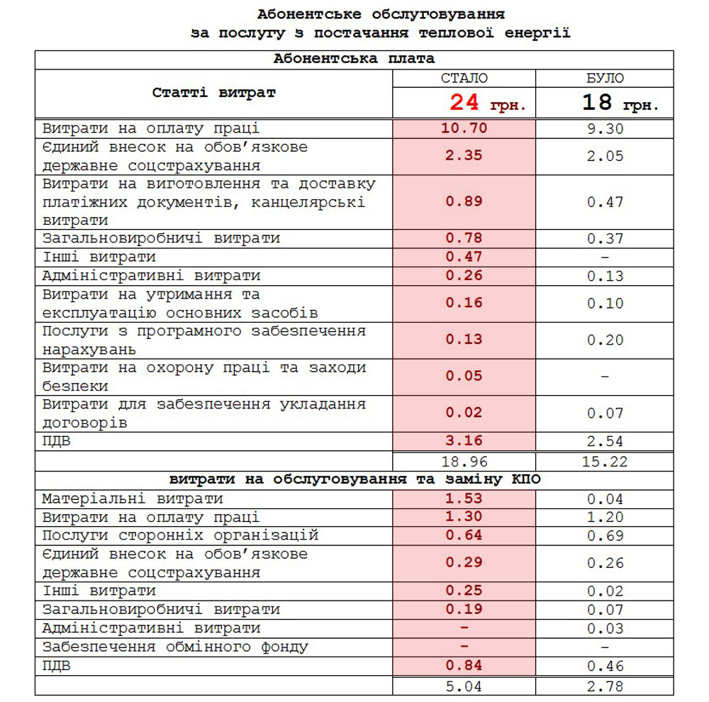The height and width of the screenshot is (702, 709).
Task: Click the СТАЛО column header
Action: (x=464, y=79)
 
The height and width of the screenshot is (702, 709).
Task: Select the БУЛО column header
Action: (x=605, y=79)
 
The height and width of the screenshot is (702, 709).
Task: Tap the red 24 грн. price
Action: (x=487, y=104)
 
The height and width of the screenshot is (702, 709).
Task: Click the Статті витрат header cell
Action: (x=213, y=93)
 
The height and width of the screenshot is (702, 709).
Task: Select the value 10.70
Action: (x=464, y=128)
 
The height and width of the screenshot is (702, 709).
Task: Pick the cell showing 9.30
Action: (x=605, y=129)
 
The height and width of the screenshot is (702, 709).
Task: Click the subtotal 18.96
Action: (x=464, y=461)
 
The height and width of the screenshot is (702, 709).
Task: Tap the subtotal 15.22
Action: (x=605, y=461)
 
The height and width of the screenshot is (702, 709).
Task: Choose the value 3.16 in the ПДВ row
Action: (x=464, y=441)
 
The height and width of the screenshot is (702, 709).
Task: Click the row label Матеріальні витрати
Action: (x=133, y=498)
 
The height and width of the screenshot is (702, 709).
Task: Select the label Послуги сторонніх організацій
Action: (x=180, y=535)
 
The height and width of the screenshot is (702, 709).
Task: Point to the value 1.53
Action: (x=464, y=498)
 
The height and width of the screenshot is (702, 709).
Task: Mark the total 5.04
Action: (x=464, y=686)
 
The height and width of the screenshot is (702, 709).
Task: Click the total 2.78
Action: (x=605, y=686)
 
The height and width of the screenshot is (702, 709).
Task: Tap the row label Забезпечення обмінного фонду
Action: (x=175, y=647)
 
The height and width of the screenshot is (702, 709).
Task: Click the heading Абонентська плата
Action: (x=354, y=59)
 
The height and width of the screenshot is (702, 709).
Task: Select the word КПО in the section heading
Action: (x=524, y=479)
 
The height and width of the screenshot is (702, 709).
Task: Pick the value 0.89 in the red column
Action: (x=464, y=201)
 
